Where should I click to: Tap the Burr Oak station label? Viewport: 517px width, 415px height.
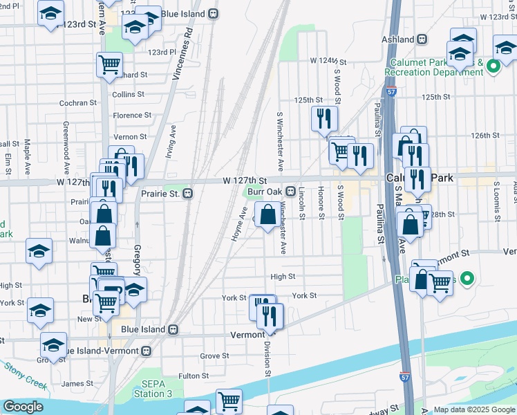(x=265, y=191)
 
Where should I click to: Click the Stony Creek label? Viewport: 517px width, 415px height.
(x=26, y=376)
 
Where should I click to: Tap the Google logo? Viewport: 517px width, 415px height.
(x=23, y=407)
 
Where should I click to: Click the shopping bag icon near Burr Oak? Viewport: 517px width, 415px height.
(x=267, y=214)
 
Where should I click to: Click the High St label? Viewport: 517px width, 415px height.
(x=283, y=277)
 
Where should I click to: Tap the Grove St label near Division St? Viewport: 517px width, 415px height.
(x=214, y=356)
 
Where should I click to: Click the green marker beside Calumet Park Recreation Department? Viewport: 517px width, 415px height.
(x=493, y=67)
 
